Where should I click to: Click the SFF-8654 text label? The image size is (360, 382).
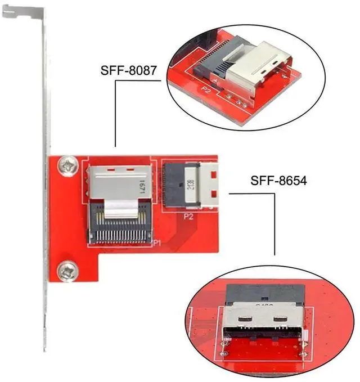coord(278,181)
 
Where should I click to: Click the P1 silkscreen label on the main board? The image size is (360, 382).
coord(157,243)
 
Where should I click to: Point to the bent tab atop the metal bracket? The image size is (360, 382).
coord(23,12)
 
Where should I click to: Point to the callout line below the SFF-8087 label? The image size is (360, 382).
coord(115,113)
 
